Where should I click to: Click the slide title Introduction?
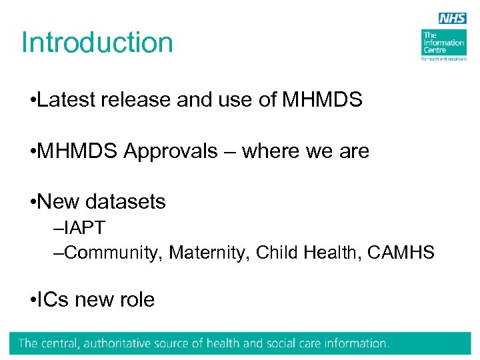point(97,43)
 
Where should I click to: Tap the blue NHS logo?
point(453,19)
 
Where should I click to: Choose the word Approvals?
point(170,151)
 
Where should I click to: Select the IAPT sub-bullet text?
point(81,228)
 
